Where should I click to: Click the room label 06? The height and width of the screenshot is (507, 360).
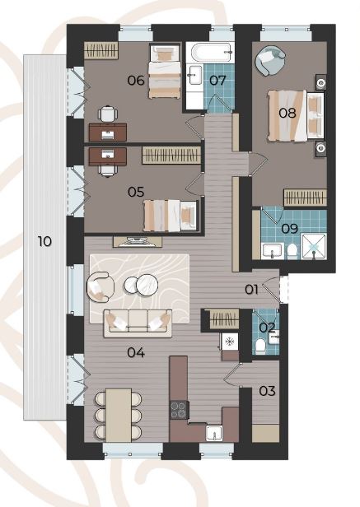136,80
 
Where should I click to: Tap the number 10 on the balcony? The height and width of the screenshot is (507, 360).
44,241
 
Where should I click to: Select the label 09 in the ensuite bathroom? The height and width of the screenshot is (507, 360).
289,229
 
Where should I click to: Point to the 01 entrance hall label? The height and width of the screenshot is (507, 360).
251,290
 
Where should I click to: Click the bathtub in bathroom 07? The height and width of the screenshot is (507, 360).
212,53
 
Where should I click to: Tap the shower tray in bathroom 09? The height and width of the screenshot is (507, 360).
313,246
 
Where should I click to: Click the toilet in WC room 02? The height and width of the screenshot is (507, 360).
260,346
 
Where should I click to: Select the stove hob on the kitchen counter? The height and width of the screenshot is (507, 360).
179,410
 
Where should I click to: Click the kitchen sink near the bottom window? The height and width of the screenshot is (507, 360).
214,433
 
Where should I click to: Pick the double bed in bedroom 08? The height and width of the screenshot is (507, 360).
296,116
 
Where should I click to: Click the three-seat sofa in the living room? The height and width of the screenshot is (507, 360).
138,323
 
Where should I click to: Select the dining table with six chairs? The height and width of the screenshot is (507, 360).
119,415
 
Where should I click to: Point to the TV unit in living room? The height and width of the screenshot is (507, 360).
138,242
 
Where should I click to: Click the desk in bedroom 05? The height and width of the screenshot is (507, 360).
107,157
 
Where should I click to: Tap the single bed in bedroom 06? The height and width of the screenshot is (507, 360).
164,72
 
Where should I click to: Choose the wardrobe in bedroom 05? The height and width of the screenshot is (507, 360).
171,156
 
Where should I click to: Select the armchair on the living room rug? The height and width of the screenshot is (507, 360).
101,286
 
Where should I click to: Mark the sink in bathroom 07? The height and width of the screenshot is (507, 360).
195,75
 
